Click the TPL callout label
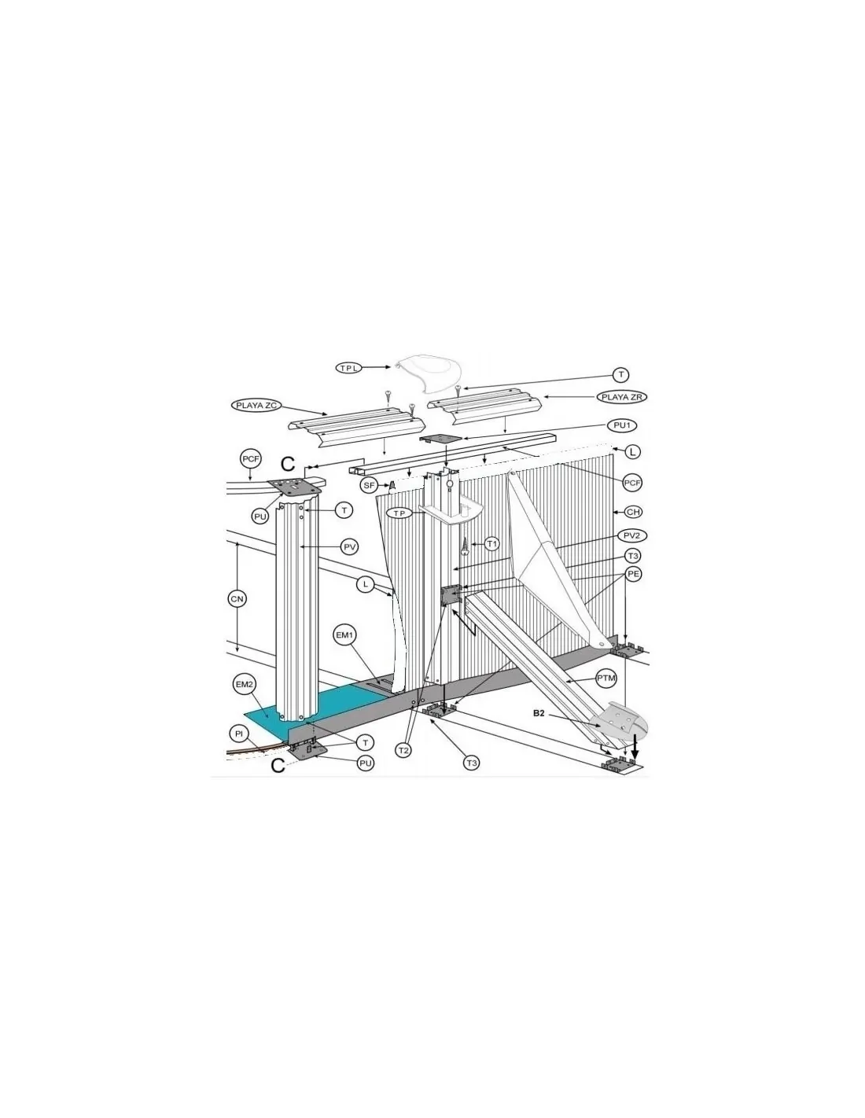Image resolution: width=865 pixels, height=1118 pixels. [349, 367]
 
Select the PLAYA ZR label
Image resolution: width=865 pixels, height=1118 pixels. [621, 397]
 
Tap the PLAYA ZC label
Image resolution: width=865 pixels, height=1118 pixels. [256, 406]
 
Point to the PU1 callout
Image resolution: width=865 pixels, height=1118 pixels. [621, 425]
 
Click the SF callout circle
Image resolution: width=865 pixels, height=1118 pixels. [369, 484]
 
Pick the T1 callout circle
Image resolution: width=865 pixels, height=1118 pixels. [492, 543]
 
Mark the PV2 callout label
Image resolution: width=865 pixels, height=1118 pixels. [631, 536]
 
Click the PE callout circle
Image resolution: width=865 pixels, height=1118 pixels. [633, 573]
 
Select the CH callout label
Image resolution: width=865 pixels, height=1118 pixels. [633, 512]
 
